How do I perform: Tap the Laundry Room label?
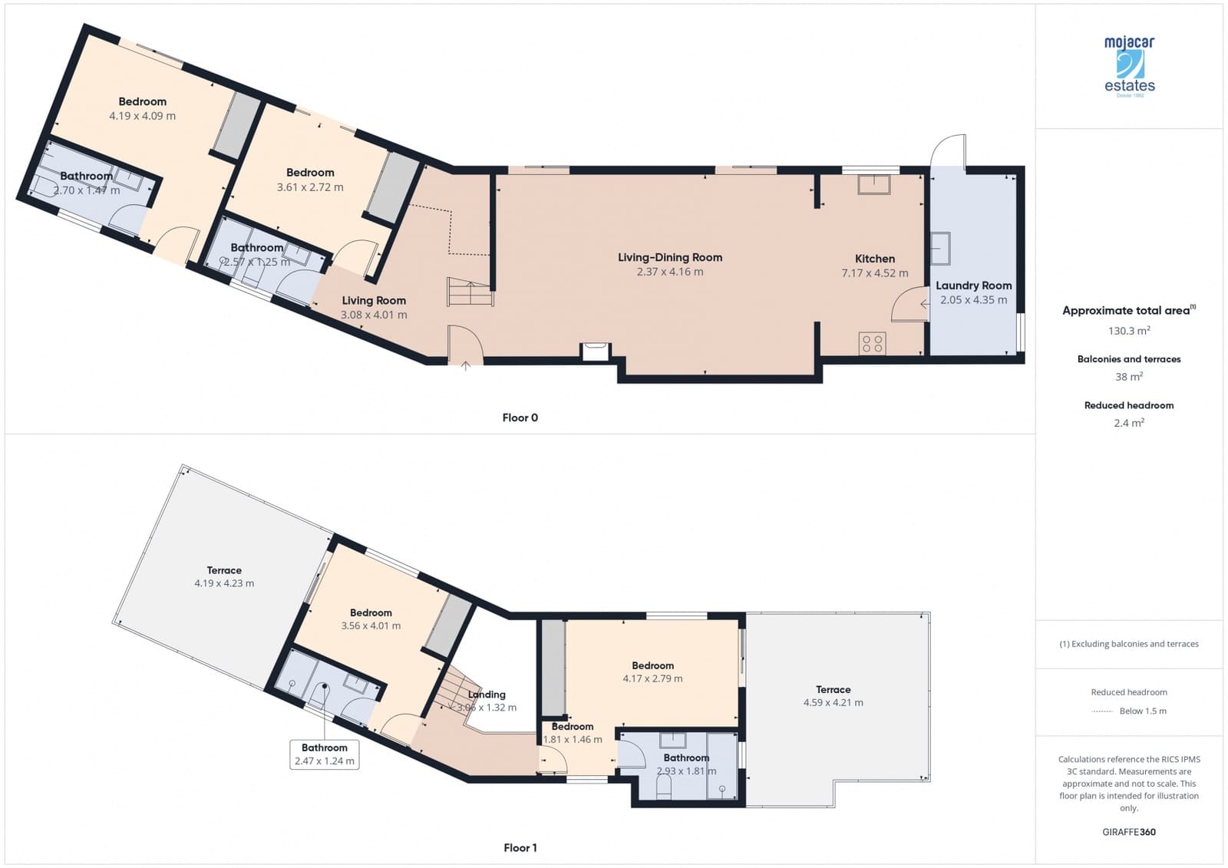point(973,285)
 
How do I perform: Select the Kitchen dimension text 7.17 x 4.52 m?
point(874,273)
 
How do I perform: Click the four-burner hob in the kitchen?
point(873,343)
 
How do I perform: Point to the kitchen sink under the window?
point(874,184)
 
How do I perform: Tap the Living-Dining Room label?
point(669,257)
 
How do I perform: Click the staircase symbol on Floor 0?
point(467,292)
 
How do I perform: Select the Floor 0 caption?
point(520,417)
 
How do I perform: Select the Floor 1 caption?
point(520,847)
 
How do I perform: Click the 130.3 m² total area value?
point(1128,331)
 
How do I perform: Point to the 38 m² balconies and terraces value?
point(1128,377)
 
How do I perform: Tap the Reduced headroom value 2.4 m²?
point(1128,423)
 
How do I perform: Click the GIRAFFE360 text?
point(1128,832)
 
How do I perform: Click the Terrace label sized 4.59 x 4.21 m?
point(833,689)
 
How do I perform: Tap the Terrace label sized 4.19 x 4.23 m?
point(224,570)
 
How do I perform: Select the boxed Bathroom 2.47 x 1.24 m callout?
point(324,754)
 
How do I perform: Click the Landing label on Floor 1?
point(487,694)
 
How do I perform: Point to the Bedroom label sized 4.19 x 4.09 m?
point(142,101)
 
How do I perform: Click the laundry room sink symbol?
point(940,248)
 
